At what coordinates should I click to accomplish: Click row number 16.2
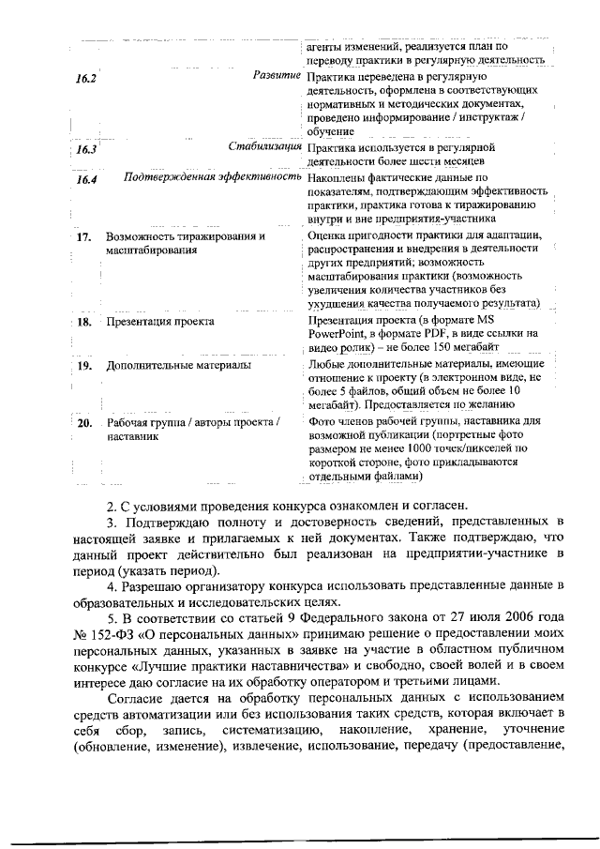tap(86, 78)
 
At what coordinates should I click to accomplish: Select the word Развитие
tap(277, 74)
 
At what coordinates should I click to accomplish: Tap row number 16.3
tap(86, 149)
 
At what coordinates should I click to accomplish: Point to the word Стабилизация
tap(265, 146)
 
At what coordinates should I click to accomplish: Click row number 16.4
tap(87, 179)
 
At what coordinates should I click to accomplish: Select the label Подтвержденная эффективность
tap(213, 176)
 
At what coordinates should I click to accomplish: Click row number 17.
tap(83, 237)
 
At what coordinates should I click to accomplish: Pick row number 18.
tap(83, 322)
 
